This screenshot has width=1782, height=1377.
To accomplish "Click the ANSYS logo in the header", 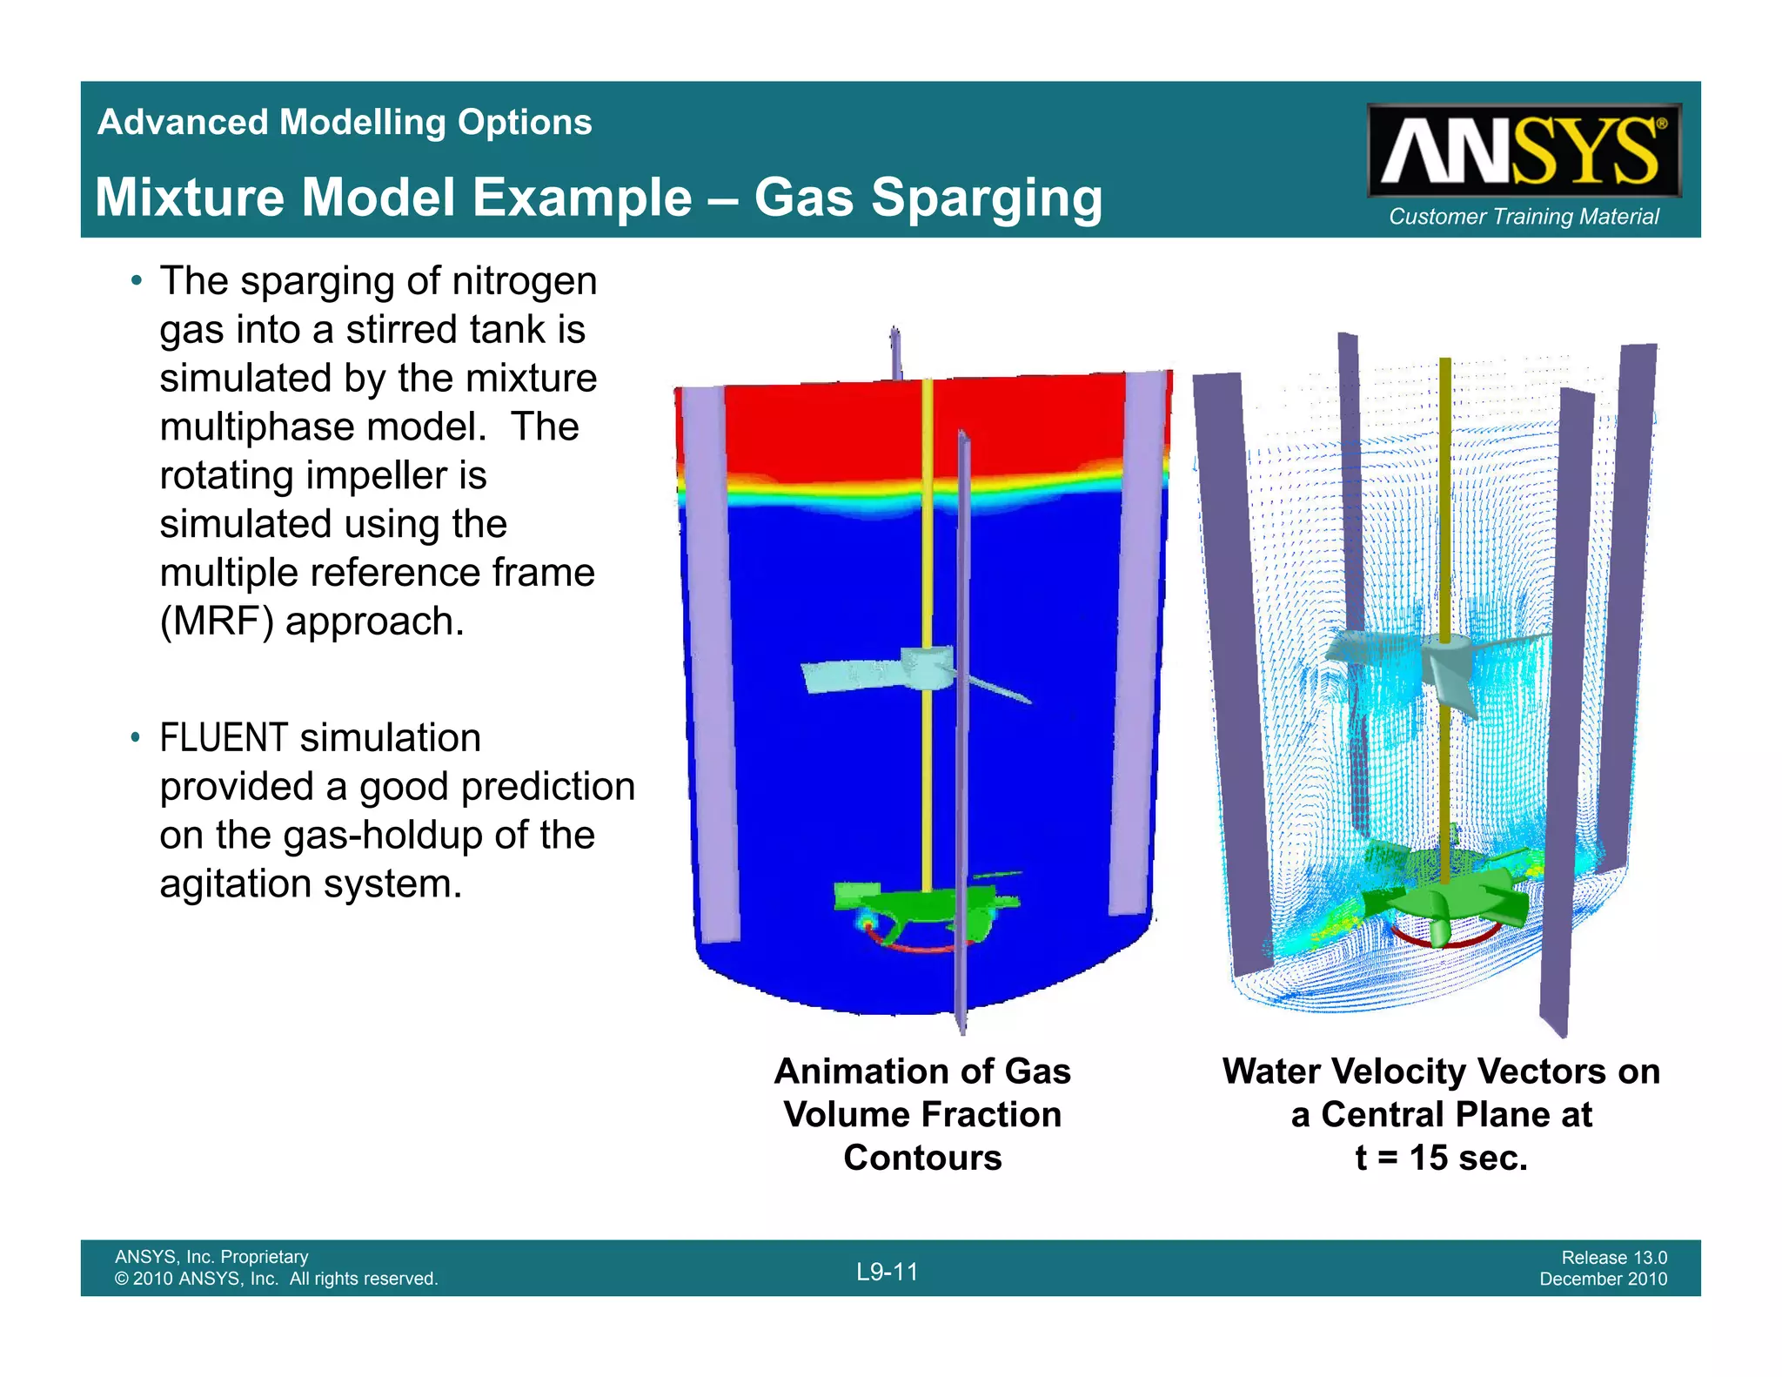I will pyautogui.click(x=1523, y=151).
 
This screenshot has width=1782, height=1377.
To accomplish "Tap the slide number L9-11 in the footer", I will pyautogui.click(x=887, y=1272).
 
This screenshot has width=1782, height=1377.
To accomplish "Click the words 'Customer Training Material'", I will pyautogui.click(x=1524, y=217).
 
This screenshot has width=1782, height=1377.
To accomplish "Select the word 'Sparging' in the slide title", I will pyautogui.click(x=987, y=198).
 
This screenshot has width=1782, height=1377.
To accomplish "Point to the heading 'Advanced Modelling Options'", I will pyautogui.click(x=345, y=122).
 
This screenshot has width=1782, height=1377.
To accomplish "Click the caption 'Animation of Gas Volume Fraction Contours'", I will pyautogui.click(x=922, y=1114).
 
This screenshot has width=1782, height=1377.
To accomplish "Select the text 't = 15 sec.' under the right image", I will pyautogui.click(x=1441, y=1158).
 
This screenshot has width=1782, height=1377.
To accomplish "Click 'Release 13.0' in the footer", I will pyautogui.click(x=1614, y=1257).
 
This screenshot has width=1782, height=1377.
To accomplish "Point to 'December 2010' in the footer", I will pyautogui.click(x=1604, y=1279).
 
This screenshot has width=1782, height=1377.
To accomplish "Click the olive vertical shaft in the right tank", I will pyautogui.click(x=1444, y=522).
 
